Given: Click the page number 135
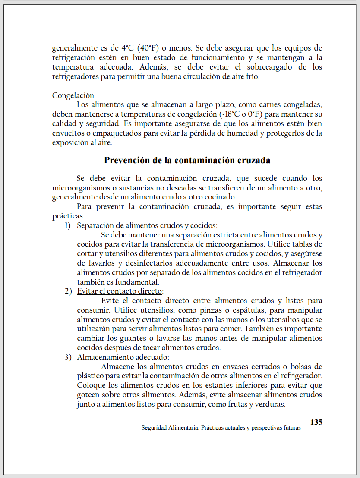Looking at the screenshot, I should coord(316,422).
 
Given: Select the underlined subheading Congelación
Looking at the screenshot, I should coord(73,95).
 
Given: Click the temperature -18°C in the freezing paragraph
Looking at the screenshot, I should coord(230,114).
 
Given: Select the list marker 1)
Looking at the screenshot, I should coord(67,225).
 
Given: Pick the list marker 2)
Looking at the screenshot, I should coord(67,291).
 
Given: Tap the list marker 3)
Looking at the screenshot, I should coord(67,357).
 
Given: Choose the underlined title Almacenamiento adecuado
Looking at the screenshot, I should coord(123,357).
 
